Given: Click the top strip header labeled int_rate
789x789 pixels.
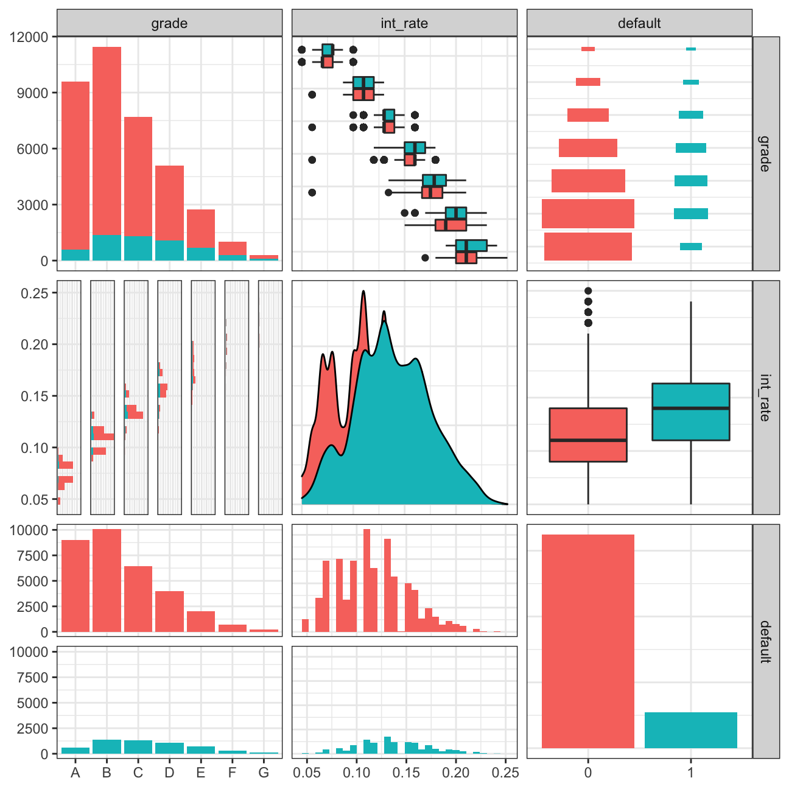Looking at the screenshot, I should [404, 24].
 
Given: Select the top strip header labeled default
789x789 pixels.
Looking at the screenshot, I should [639, 24].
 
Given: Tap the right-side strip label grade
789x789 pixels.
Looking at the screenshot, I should [765, 153].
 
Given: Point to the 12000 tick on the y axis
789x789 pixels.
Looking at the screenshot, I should [29, 37].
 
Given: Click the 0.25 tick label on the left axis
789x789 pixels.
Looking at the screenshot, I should [34, 293].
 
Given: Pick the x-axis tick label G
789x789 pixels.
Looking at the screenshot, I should [264, 773].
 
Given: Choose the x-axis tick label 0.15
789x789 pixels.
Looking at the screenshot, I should [406, 773].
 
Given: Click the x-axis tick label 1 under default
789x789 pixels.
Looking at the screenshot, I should [690, 773].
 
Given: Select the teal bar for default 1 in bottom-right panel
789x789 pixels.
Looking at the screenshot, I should [690, 730].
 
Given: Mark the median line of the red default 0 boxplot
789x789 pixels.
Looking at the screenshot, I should [587, 440].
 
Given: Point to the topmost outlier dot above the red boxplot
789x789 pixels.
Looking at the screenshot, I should [588, 291].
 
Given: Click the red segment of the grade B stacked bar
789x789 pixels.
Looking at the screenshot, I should [107, 140].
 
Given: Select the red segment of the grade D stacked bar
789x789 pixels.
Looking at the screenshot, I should [169, 203].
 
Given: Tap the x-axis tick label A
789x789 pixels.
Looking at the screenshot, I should [75, 773].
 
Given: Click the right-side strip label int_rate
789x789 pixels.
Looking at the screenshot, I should [765, 397].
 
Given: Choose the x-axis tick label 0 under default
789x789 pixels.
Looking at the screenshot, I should [587, 773].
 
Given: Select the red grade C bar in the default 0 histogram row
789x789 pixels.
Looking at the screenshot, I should [138, 599].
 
